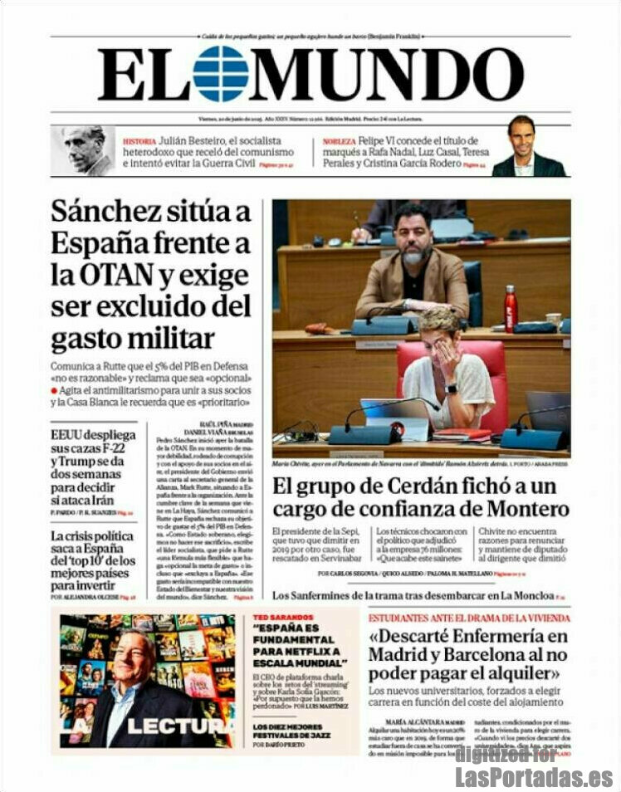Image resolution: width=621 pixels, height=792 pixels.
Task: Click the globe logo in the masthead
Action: tap(220, 74)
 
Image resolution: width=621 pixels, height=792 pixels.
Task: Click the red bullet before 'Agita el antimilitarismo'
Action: tap(54, 389)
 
